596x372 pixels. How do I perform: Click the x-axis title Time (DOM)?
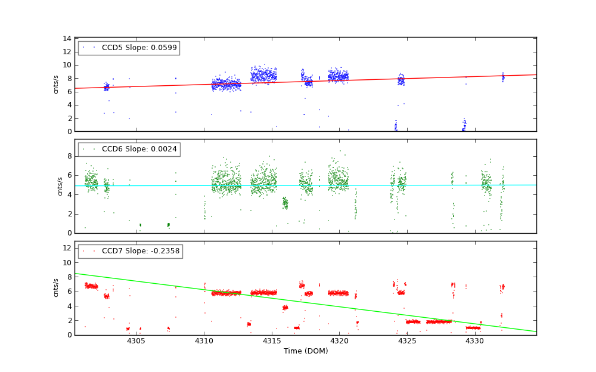tap(305, 351)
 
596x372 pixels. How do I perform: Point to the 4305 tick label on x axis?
tap(136, 341)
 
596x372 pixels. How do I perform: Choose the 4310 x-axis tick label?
tap(204, 341)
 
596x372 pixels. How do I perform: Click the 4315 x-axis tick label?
tap(272, 341)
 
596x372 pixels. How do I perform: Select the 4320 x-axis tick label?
tap(339, 341)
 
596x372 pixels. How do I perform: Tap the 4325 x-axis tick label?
tap(407, 341)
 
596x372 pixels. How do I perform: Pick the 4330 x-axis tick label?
tap(474, 341)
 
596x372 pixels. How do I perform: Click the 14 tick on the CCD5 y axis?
tap(68, 38)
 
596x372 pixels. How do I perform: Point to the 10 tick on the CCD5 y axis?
tap(68, 65)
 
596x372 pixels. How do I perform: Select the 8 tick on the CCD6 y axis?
tap(70, 156)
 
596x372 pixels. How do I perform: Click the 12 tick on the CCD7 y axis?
tap(68, 248)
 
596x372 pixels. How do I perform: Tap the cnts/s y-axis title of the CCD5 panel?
tap(56, 85)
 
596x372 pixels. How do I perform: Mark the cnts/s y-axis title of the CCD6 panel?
tap(59, 186)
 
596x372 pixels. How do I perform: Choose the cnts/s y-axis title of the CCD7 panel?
tap(56, 288)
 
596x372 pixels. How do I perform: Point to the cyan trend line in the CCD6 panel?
tap(358, 185)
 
